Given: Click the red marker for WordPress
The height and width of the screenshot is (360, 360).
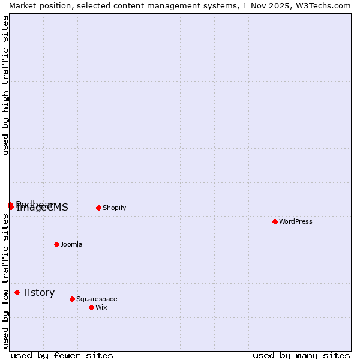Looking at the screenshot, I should [x=275, y=221].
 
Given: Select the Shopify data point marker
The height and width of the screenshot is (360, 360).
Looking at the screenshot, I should [x=98, y=208].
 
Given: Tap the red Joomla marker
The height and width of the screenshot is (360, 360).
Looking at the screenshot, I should [x=56, y=244].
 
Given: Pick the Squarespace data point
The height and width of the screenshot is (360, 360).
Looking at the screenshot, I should [x=72, y=299].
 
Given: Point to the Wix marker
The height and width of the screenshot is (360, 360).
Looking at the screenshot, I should [x=91, y=307].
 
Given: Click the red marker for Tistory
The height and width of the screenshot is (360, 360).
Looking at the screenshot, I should [x=17, y=292].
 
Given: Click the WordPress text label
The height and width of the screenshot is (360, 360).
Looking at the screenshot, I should [x=296, y=221].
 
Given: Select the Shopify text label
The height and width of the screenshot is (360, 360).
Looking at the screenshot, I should [x=114, y=208].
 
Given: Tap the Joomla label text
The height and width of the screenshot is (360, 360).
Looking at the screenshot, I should [x=71, y=244].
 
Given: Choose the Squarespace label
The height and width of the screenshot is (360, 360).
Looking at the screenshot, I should [x=97, y=299].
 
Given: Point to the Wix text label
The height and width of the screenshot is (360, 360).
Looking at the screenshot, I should [x=101, y=307].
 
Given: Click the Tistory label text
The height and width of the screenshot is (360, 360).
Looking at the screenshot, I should [x=38, y=292].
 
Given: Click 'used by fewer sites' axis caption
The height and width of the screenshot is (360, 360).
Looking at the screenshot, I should [x=62, y=355].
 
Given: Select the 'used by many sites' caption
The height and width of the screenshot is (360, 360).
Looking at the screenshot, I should [x=301, y=355].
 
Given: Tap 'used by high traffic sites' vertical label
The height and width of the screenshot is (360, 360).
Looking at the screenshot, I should [x=5, y=85].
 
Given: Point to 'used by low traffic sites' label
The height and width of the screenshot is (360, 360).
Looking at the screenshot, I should [x=5, y=281].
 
